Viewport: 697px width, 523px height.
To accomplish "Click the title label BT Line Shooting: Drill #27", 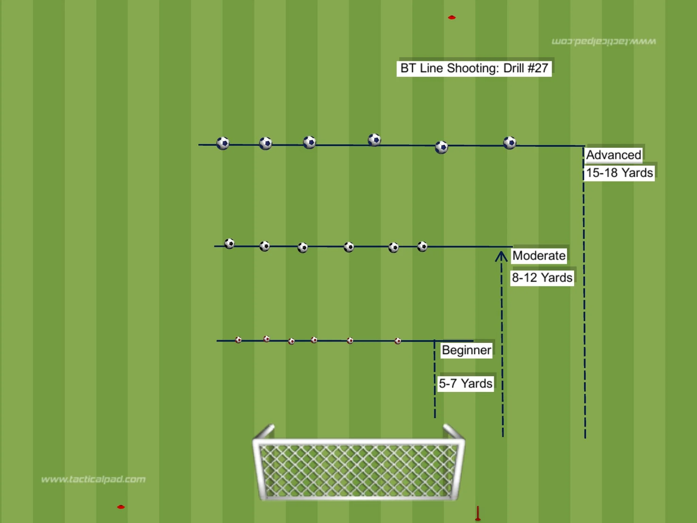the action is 474,68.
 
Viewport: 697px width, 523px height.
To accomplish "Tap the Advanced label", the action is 614,155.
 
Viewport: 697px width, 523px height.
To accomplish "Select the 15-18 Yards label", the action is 619,173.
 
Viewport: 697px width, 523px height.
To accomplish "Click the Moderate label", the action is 539,255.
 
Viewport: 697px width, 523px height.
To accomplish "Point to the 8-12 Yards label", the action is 542,278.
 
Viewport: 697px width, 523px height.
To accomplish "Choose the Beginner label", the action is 466,350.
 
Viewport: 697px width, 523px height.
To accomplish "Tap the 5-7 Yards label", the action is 465,383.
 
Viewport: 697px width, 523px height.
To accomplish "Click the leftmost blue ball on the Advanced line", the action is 223,143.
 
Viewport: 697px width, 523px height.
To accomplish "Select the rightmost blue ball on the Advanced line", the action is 509,143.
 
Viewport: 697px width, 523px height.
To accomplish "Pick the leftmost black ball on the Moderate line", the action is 229,243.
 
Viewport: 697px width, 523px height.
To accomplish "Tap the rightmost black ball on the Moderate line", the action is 422,246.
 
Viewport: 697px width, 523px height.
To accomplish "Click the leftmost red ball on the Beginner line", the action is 238,340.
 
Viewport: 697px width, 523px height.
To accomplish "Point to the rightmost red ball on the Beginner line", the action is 398,341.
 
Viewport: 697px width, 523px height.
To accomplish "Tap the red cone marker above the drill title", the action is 452,17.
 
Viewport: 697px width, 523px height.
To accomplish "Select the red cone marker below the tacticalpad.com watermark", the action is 121,507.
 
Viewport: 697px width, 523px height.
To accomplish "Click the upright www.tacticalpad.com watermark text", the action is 93,479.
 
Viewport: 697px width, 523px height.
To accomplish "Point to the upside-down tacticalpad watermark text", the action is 604,42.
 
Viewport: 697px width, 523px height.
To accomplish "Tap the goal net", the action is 358,470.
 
